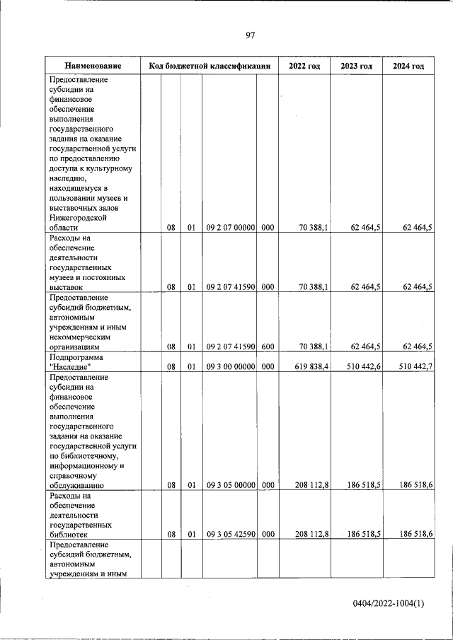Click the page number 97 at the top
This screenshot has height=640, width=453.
click(250, 35)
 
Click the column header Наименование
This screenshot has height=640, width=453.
click(91, 66)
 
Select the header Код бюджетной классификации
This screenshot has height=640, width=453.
click(210, 66)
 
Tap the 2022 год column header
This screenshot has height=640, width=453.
click(304, 66)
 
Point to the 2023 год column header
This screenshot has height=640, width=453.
click(356, 66)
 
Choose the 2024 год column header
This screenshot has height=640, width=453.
click(408, 66)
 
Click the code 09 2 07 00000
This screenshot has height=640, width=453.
click(230, 228)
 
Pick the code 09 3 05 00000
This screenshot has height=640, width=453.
click(230, 486)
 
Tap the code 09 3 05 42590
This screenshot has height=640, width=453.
click(230, 535)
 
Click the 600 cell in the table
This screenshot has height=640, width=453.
click(268, 347)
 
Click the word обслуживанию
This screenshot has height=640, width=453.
click(77, 486)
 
